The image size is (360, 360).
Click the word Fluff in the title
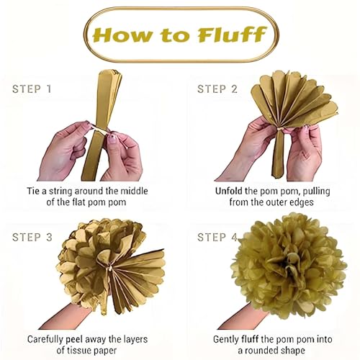[x=232, y=35]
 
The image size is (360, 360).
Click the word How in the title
[x=122, y=35]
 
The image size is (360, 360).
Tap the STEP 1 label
[x=32, y=89]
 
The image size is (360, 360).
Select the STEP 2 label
[x=217, y=89]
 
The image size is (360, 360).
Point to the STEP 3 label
[x=32, y=238]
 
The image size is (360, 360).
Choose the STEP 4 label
[x=217, y=238]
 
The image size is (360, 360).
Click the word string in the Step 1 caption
[x=60, y=192]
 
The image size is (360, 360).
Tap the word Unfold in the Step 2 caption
[x=229, y=192]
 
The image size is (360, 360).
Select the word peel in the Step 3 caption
[x=74, y=340]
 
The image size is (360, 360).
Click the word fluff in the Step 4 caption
[x=250, y=339]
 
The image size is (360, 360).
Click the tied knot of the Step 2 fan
[x=279, y=130]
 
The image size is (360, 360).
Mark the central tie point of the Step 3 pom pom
[x=110, y=267]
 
